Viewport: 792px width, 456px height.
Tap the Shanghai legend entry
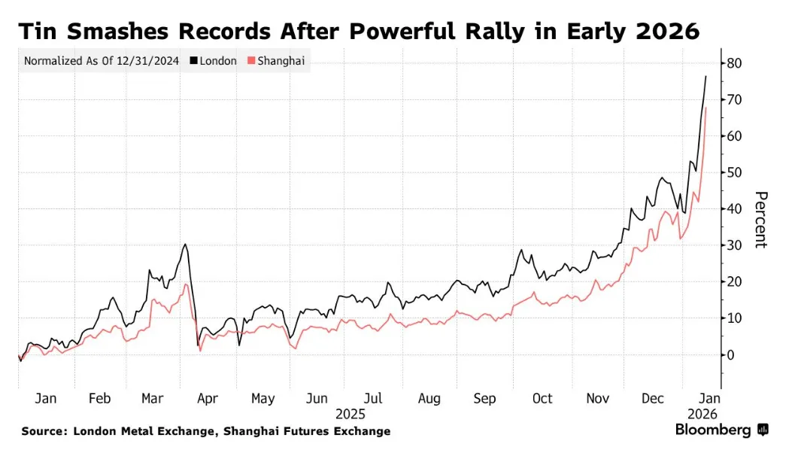[281, 61]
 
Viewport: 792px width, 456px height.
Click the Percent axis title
[760, 220]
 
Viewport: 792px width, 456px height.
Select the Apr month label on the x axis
[207, 399]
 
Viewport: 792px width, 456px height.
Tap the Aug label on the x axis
[429, 399]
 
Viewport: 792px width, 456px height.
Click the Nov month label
[597, 399]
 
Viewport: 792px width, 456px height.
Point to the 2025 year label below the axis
[350, 414]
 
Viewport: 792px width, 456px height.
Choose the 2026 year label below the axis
[702, 414]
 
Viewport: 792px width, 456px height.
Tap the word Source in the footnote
[42, 431]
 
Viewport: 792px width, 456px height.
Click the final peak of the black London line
[706, 76]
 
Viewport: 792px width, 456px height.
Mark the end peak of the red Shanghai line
[706, 108]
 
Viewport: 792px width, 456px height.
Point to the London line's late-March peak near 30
[185, 244]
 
